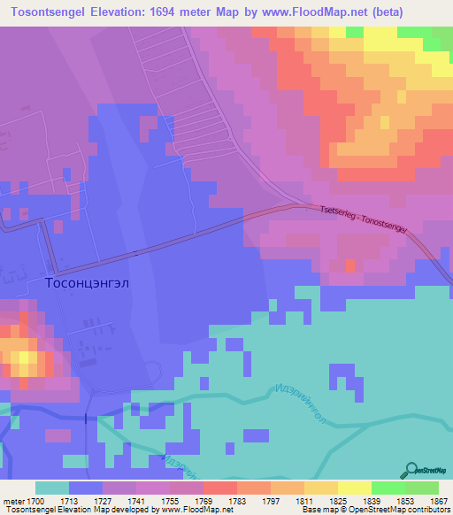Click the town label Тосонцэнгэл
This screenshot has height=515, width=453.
click(x=88, y=283)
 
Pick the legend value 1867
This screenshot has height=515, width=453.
click(x=427, y=500)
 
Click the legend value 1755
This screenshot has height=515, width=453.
click(x=162, y=500)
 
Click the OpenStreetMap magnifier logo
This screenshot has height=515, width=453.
click(x=411, y=469)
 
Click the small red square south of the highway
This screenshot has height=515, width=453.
click(x=350, y=265)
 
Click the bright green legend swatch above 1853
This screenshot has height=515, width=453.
click(x=388, y=488)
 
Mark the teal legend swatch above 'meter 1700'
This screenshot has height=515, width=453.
click(x=51, y=488)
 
